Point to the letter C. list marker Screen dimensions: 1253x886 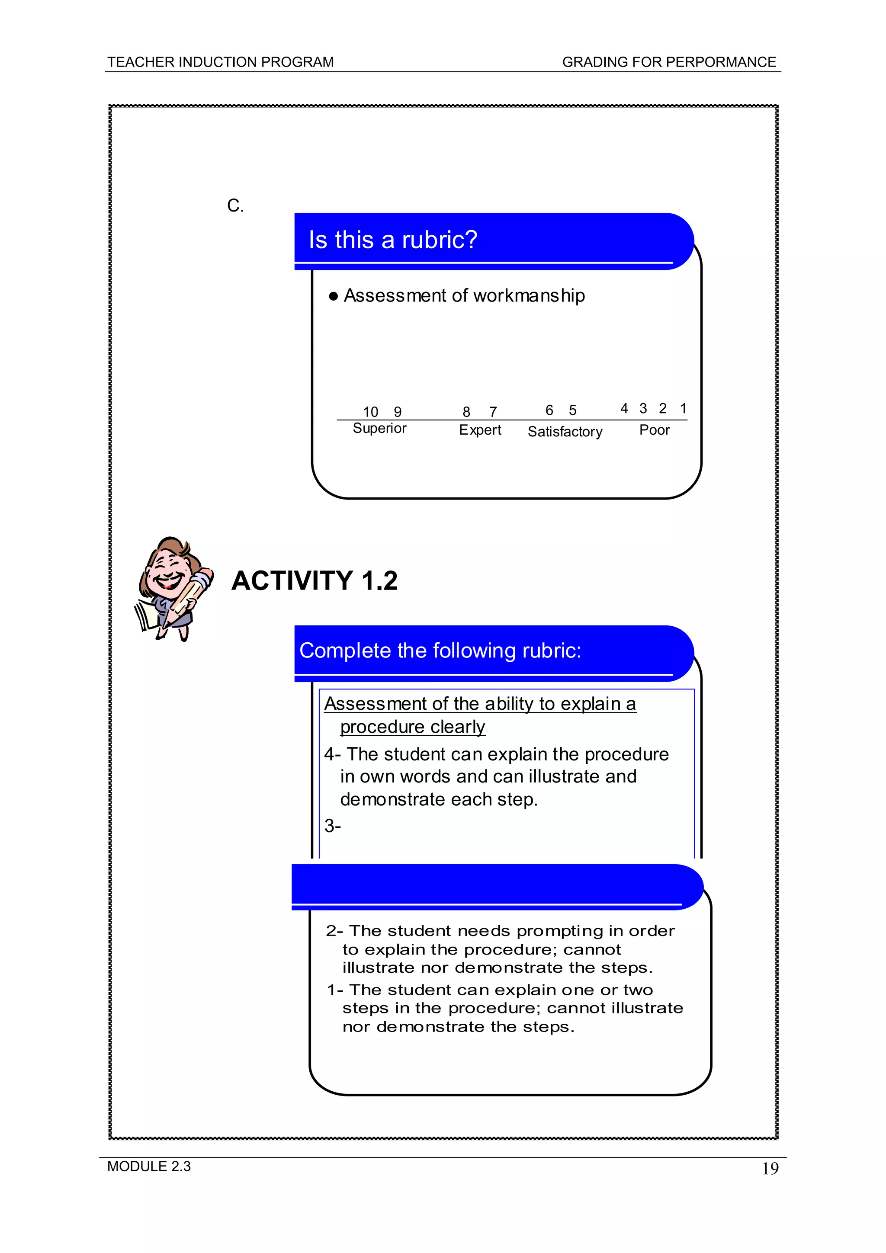pyautogui.click(x=235, y=206)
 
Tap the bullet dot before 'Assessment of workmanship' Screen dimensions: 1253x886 pyautogui.click(x=334, y=296)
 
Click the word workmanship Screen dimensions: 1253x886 pyautogui.click(x=529, y=295)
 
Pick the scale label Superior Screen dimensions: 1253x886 pyautogui.click(x=379, y=428)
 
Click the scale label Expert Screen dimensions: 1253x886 pyautogui.click(x=480, y=430)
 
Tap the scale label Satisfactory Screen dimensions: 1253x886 pyautogui.click(x=565, y=432)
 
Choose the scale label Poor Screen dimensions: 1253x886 pyautogui.click(x=654, y=430)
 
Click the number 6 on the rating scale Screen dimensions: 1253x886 pyautogui.click(x=549, y=410)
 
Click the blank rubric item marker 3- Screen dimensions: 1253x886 pyautogui.click(x=332, y=826)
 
